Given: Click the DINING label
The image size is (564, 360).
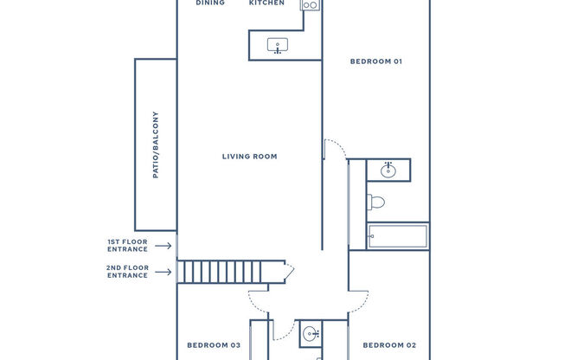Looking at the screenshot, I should pyautogui.click(x=210, y=3).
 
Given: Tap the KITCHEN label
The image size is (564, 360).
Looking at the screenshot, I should pyautogui.click(x=266, y=3).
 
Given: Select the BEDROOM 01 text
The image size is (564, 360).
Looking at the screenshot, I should pyautogui.click(x=376, y=61).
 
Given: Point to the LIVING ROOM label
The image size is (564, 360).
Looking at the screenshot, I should pyautogui.click(x=249, y=157).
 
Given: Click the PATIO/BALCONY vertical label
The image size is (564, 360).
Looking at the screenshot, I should pyautogui.click(x=156, y=145).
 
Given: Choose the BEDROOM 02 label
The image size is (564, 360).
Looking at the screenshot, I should pyautogui.click(x=389, y=345).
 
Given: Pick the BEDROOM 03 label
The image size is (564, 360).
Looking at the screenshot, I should pyautogui.click(x=214, y=345).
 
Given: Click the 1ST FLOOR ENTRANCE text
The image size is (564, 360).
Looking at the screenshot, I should pyautogui.click(x=127, y=246).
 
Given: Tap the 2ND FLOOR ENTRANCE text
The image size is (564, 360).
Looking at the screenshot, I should pyautogui.click(x=127, y=272).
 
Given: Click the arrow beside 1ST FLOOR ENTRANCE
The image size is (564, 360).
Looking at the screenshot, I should pyautogui.click(x=163, y=246).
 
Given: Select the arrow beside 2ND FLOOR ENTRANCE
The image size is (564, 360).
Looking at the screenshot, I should pyautogui.click(x=163, y=272).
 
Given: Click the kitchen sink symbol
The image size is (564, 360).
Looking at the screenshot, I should pyautogui.click(x=278, y=45).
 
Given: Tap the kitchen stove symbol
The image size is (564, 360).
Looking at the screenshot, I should pyautogui.click(x=311, y=5).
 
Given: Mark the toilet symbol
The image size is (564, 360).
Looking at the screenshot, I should pyautogui.click(x=376, y=202).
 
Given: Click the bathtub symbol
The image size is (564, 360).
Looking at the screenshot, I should pyautogui.click(x=397, y=236).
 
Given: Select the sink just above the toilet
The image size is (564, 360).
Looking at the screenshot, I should pyautogui.click(x=388, y=170).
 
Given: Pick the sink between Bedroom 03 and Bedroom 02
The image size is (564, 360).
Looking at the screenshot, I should pyautogui.click(x=311, y=332).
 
